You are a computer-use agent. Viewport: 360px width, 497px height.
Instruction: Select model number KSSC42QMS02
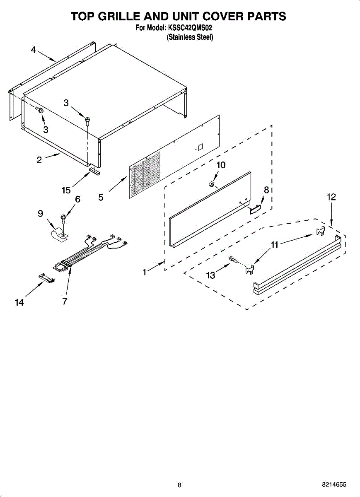tap(190, 29)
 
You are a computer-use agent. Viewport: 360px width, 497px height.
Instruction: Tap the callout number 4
tap(34, 50)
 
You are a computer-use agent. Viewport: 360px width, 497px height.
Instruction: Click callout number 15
tap(66, 190)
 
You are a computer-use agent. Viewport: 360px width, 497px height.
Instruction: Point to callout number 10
tap(221, 165)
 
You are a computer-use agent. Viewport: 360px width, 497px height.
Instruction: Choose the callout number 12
tap(331, 197)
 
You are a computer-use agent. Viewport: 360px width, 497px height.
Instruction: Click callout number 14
tap(19, 302)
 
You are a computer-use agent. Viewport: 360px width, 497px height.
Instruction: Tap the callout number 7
tap(65, 302)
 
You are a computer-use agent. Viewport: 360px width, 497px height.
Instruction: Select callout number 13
tap(211, 275)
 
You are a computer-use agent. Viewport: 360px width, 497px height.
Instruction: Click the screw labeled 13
tap(232, 260)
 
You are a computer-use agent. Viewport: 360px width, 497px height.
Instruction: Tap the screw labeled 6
tap(63, 217)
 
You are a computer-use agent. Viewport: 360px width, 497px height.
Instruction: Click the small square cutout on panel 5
tap(200, 147)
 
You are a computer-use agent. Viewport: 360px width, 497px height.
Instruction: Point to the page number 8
tap(179, 485)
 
